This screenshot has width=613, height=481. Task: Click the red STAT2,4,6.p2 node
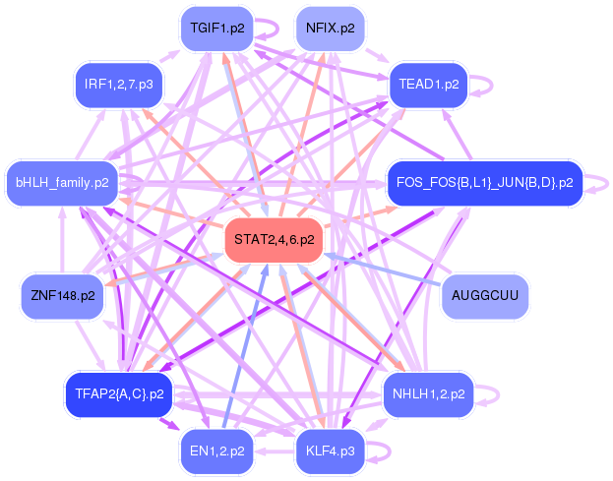tap(274, 240)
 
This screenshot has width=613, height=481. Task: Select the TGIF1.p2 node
tap(217, 29)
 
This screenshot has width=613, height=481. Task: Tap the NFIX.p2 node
tap(331, 29)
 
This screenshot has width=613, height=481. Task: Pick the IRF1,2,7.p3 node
tap(119, 85)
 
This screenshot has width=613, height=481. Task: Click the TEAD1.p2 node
tap(428, 85)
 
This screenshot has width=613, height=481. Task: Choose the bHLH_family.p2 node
tap(62, 183)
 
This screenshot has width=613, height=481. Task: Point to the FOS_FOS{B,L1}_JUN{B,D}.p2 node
tap(485, 183)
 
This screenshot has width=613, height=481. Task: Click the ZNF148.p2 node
tap(63, 296)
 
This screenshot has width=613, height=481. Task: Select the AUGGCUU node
tap(485, 296)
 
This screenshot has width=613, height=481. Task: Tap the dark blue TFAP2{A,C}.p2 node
tap(119, 394)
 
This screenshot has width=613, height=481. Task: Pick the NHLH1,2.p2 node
tap(428, 394)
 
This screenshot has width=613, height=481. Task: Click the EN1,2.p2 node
tap(217, 451)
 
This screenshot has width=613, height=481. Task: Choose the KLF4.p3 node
tap(331, 451)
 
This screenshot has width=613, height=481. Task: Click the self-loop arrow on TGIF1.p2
tap(277, 29)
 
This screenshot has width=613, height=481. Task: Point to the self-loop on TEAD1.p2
tap(491, 85)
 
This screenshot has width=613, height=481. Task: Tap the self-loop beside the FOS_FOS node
tap(607, 183)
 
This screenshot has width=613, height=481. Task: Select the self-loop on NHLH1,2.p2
tap(498, 394)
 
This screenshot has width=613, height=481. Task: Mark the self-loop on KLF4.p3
tap(390, 451)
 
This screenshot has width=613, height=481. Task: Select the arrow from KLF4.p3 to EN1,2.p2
tap(275, 451)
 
